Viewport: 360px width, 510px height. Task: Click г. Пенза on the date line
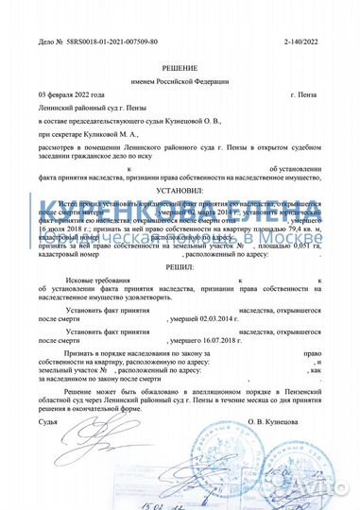click(x=304, y=96)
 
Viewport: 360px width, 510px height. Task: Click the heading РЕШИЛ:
click(x=180, y=267)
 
